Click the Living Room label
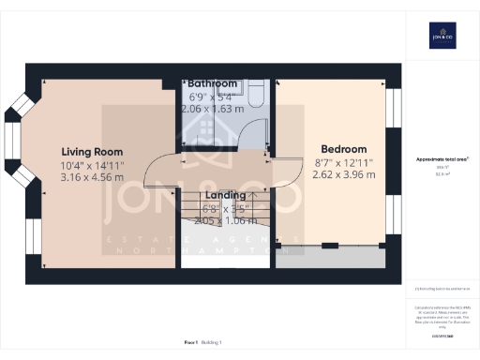point(92,152)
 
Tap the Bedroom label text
point(343,149)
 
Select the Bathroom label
point(212,83)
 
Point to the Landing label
point(225,195)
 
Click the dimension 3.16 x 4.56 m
point(92,176)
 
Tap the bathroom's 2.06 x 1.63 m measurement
point(212,108)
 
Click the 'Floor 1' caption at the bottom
point(190,342)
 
